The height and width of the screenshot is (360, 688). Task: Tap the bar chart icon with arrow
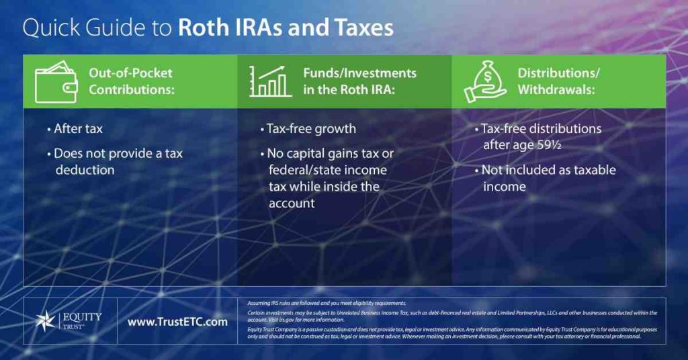[x=270, y=81]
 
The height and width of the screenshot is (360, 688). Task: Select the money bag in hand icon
[x=485, y=82]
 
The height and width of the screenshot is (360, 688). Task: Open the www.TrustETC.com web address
[x=177, y=322]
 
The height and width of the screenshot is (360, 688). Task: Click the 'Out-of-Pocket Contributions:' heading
[x=131, y=81]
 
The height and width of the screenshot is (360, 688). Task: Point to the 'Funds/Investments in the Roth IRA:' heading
[x=359, y=81]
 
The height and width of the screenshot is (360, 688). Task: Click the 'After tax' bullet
[x=77, y=128]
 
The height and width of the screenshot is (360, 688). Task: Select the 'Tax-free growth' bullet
[x=310, y=128]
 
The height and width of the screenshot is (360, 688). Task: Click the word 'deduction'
[x=85, y=170]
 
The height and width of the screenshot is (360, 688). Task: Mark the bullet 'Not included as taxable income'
[x=548, y=178]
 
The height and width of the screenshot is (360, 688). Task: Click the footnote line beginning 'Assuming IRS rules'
[x=327, y=304]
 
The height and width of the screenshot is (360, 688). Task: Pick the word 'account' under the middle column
[x=292, y=203]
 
